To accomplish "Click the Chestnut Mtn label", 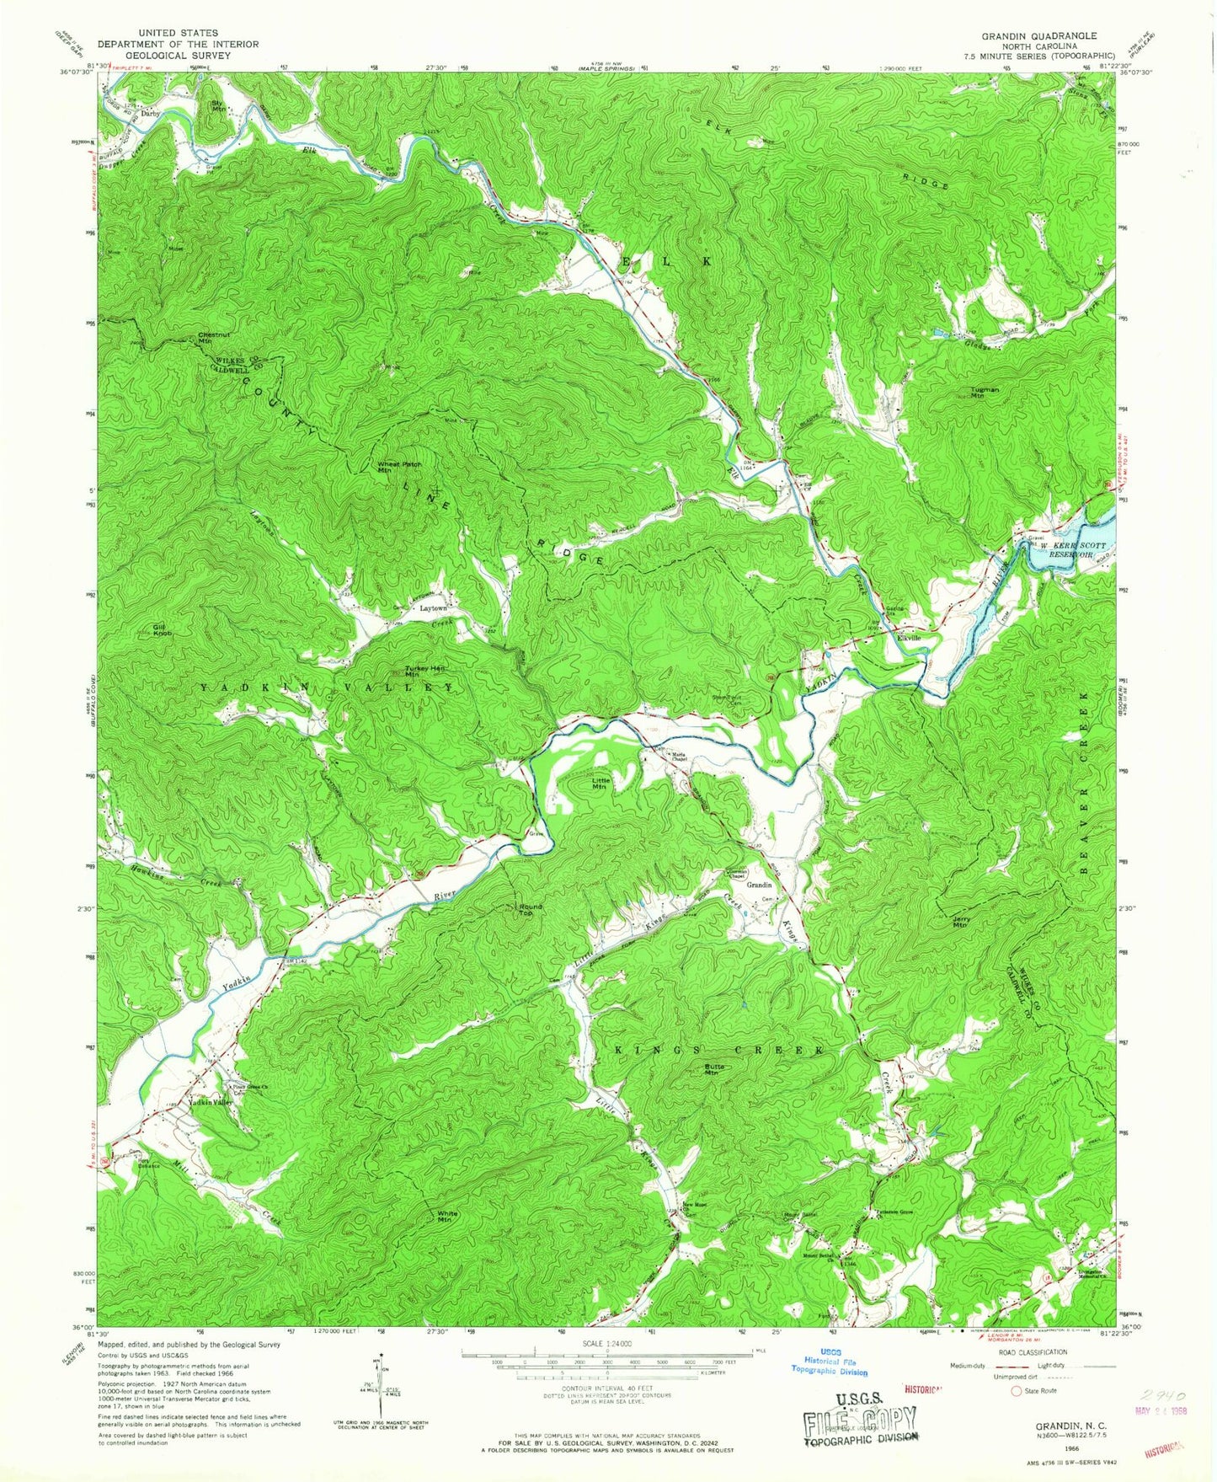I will (213, 338).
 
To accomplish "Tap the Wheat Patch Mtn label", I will (399, 466).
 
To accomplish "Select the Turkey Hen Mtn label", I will (424, 671).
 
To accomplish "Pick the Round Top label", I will (529, 910).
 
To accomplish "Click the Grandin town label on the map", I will (760, 885).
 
